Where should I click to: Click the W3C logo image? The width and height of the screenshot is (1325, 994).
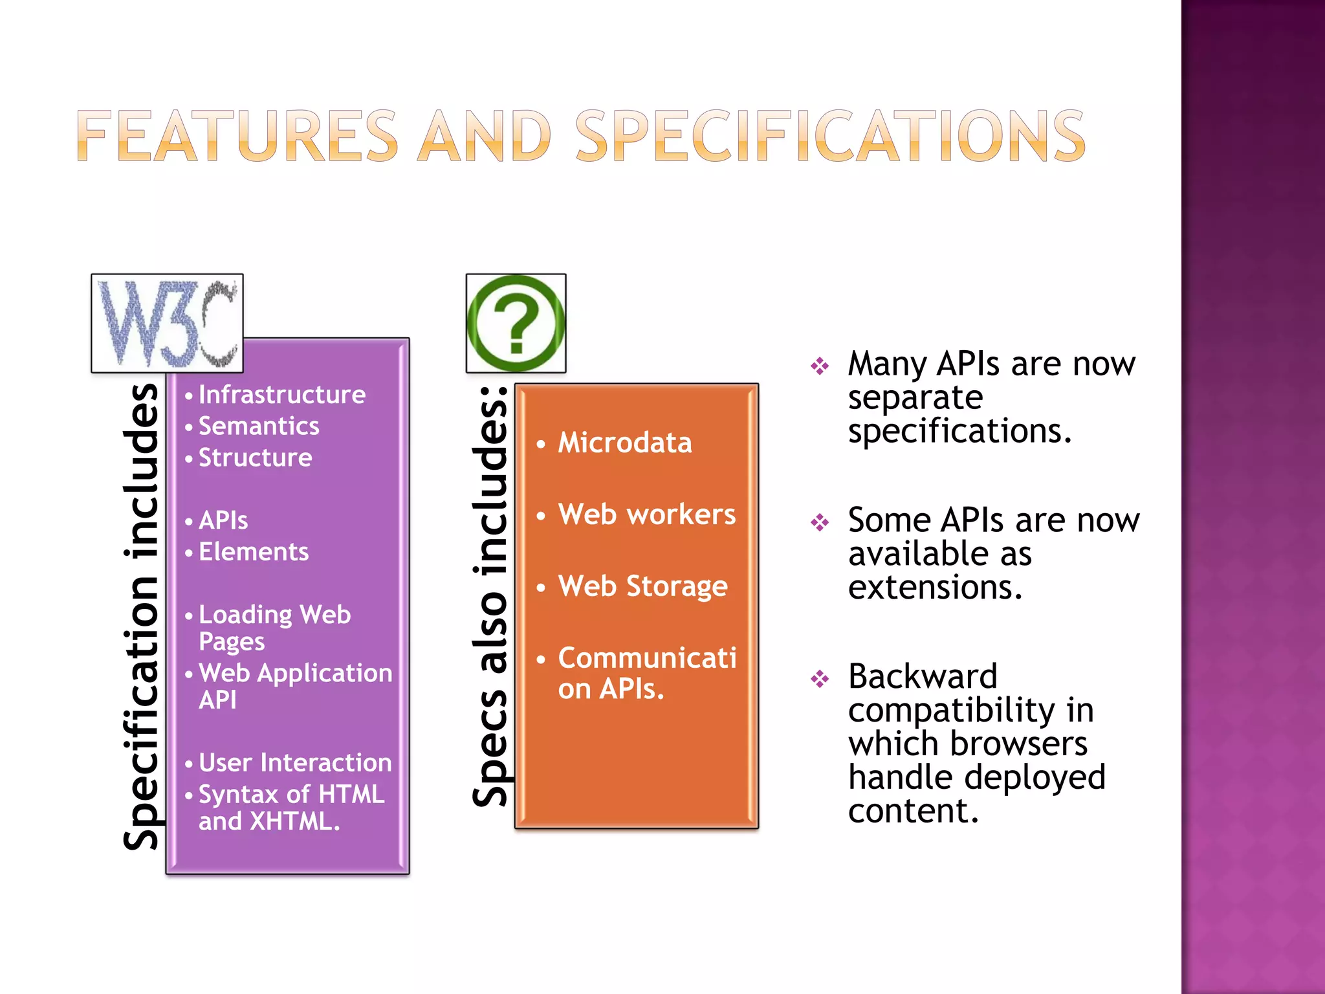[167, 323]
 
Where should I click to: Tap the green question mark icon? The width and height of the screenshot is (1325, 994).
[516, 323]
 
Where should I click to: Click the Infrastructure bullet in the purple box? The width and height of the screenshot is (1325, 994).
[281, 395]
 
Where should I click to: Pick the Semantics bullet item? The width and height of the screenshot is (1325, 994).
[259, 426]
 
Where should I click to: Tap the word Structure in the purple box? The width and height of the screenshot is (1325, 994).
[255, 458]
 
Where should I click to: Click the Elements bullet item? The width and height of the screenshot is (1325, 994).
[254, 552]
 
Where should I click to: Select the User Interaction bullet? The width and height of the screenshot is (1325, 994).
[295, 763]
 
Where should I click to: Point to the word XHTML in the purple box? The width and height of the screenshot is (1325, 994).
[294, 822]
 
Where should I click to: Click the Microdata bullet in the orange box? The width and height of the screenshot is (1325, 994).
[625, 443]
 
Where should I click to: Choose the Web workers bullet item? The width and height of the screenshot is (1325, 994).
[647, 515]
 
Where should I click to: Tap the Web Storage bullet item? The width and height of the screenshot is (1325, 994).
[643, 587]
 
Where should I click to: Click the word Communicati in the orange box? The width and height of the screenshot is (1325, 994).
[647, 658]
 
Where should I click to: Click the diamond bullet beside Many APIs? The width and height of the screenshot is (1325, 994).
[820, 366]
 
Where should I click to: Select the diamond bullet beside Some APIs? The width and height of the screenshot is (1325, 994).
[820, 522]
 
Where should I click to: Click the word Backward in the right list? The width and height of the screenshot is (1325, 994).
[923, 677]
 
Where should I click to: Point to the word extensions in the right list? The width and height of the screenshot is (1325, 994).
[935, 588]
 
